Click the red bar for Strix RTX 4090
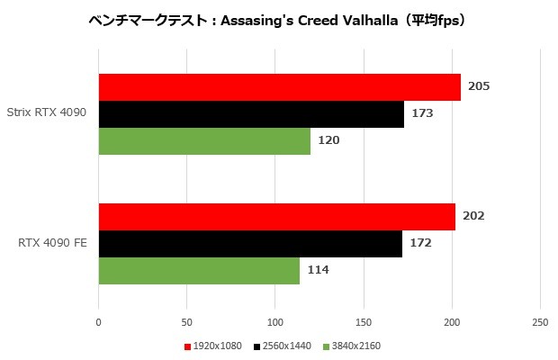point(279,87)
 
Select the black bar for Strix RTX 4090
point(251,114)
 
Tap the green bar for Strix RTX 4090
point(204,141)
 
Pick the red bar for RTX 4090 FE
point(276,217)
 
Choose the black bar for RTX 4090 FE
point(250,244)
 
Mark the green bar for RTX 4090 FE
point(199,271)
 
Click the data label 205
point(479,87)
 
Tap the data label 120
point(328,141)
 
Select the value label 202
point(473,217)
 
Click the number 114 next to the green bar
point(318,271)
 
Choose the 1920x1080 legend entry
point(215,346)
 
